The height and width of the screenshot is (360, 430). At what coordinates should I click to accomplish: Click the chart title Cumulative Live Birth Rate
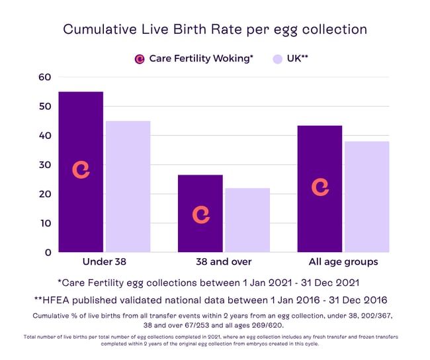point(214,30)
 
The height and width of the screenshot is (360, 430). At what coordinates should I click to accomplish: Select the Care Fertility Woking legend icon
point(140,59)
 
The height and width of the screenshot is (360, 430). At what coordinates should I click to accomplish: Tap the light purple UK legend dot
point(278,59)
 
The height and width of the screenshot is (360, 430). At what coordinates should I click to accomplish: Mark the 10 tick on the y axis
point(44,223)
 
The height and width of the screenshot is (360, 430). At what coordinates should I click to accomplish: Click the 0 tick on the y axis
point(47,252)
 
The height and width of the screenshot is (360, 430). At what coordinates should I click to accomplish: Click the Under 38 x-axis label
point(104,261)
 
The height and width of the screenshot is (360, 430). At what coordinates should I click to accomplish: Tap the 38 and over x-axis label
point(224,261)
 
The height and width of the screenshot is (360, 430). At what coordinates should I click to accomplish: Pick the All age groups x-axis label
point(343,261)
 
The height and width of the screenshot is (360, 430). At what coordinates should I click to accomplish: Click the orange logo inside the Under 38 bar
point(81,170)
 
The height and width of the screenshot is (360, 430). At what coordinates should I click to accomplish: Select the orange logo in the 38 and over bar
point(200,214)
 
